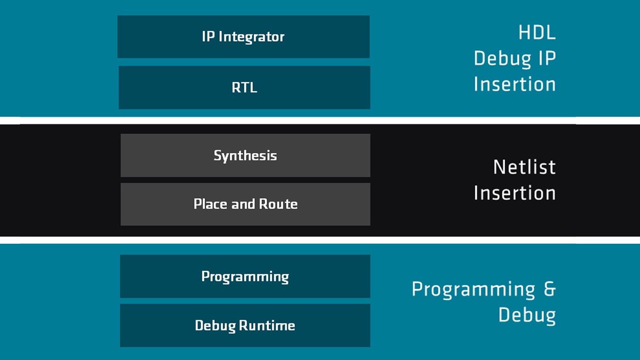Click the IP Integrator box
pos(243,37)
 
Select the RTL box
pos(245,87)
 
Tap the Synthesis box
pos(245,155)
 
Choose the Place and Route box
pos(245,204)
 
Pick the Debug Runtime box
pos(245,325)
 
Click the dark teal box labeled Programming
pos(245,276)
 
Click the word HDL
pos(537,32)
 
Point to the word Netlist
pos(525,167)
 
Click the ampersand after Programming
pos(550,289)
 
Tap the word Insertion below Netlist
pos(515,193)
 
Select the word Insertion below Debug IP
pos(515,84)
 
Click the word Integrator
pos(252,37)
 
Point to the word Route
pos(278,204)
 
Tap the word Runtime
pos(267,325)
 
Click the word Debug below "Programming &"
pos(527,316)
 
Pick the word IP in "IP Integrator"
pos(208,37)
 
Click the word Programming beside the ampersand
pos(473,290)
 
